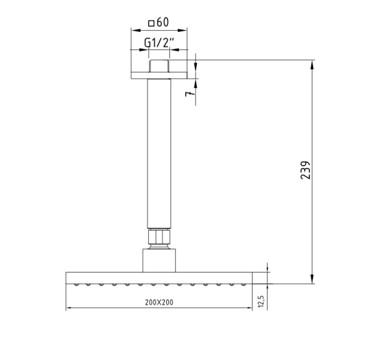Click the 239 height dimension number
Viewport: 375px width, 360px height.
(305, 170)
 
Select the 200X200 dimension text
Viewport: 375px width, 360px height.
(159, 302)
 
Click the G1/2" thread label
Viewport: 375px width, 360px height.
(159, 42)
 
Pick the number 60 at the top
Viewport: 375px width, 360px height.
(163, 23)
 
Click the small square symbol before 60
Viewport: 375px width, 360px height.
(151, 24)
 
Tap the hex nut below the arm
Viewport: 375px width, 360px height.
(159, 238)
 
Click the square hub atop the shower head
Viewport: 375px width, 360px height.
(159, 259)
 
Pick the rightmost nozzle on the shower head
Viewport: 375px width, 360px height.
(243, 285)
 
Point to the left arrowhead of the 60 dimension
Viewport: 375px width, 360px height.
(133, 29)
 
